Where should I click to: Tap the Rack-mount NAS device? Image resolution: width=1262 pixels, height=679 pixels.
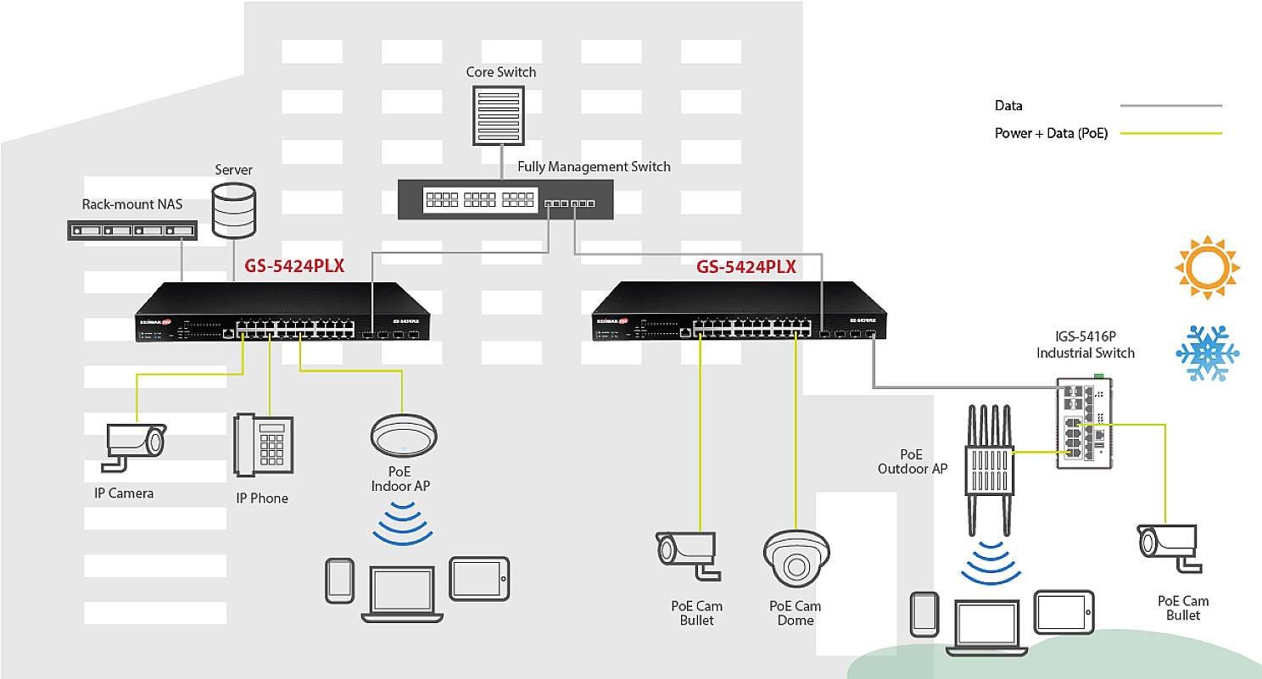(x=132, y=230)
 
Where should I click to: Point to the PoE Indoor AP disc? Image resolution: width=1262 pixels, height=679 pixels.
(x=403, y=437)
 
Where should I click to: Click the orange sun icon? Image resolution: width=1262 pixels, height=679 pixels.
(x=1207, y=269)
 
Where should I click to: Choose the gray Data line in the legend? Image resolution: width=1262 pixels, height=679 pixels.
(x=1170, y=106)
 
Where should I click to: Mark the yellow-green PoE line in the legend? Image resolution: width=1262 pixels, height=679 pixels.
(x=1170, y=134)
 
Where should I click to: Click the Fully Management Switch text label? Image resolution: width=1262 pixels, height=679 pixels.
(x=594, y=167)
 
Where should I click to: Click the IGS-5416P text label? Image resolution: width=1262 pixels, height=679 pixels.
(x=1085, y=337)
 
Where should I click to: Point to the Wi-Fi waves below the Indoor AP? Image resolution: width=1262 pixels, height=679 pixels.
(x=403, y=522)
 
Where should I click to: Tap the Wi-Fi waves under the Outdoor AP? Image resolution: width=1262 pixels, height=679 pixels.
(x=989, y=562)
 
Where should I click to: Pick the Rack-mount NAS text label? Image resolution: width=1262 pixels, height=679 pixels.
(x=131, y=204)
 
